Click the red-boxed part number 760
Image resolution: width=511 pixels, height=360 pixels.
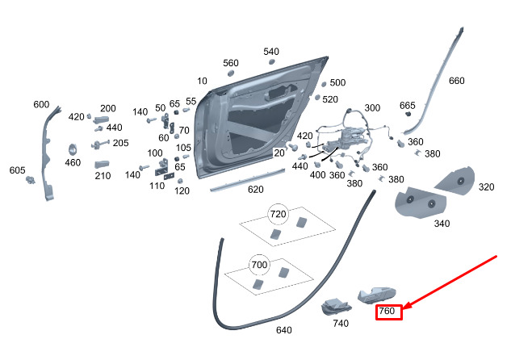pos(387,311)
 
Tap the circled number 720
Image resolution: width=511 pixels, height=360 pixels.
pos(278,214)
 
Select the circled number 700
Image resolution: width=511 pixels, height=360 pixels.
pos(259,265)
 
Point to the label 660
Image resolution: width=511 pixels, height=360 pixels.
pos(457,81)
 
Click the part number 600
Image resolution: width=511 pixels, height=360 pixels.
pos(41,105)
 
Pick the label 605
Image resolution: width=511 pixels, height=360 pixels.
pos(17,170)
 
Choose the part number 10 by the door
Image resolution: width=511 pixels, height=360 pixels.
pos(202,81)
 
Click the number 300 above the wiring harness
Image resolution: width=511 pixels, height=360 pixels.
pos(372,108)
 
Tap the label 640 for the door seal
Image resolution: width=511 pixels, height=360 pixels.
pos(284,330)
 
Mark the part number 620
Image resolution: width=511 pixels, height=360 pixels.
pos(255,190)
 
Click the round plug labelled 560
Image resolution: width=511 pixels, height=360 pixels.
pos(230,73)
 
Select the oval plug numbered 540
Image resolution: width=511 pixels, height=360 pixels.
pos(272,62)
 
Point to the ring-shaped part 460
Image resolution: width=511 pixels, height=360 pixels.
pos(73,149)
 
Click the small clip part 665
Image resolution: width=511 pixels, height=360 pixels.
pos(408,114)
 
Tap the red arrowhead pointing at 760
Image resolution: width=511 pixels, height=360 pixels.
pos(407,306)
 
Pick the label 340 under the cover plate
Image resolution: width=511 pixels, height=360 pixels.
pos(442,224)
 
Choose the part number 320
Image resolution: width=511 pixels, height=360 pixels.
pos(486,187)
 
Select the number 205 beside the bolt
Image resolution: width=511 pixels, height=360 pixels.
pos(120,143)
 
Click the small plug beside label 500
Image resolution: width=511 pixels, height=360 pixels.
pos(324,85)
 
